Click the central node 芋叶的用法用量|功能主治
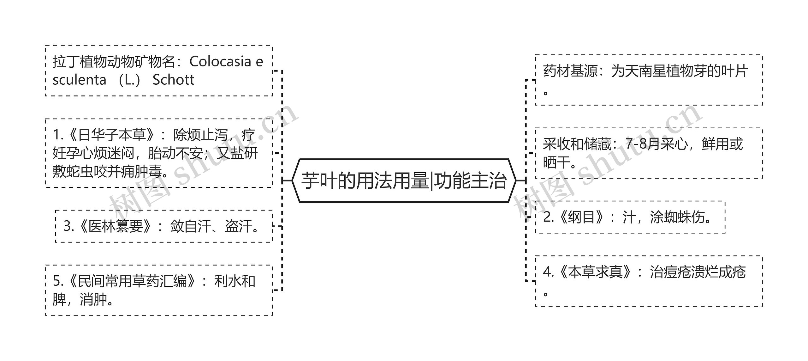coord(404,180)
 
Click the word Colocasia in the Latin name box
coord(220,62)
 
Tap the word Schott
coord(173,80)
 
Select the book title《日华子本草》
coord(112,135)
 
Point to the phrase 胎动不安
coord(175,154)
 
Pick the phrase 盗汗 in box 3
coord(238,226)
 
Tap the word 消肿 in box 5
coord(93,299)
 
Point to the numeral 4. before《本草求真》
coord(548,272)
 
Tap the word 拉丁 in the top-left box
coord(66,62)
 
